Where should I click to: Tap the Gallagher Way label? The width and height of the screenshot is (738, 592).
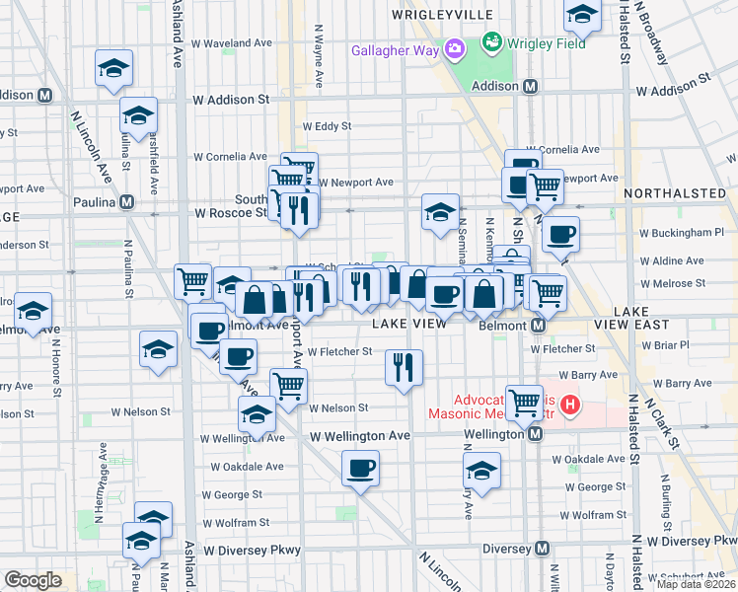click(x=397, y=48)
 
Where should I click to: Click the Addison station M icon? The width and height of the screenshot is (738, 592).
click(x=531, y=87)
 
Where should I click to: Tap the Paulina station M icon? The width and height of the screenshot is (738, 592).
click(x=126, y=202)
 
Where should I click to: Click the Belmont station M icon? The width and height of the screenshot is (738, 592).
click(x=539, y=325)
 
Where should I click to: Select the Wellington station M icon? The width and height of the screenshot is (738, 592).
click(x=535, y=434)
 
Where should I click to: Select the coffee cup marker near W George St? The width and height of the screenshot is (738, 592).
click(x=361, y=468)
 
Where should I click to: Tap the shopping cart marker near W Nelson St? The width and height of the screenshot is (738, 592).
click(x=288, y=385)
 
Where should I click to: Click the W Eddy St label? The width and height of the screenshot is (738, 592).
click(x=327, y=126)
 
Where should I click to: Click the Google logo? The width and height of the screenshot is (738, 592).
click(x=34, y=581)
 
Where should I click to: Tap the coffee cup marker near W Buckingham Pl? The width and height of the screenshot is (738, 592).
click(x=560, y=234)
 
